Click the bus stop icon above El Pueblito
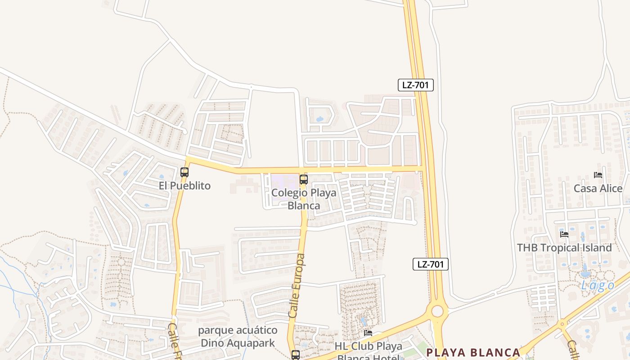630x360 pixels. (184, 172)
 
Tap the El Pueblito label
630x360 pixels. (184, 185)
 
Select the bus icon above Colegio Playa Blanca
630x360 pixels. (304, 180)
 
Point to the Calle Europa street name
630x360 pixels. (297, 286)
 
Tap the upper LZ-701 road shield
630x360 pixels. (415, 85)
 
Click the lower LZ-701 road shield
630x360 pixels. (431, 264)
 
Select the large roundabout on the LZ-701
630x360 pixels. (437, 311)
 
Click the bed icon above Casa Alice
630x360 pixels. (598, 175)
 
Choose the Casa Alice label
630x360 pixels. (598, 189)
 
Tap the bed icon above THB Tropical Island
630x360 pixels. (564, 234)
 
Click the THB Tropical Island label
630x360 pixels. (564, 247)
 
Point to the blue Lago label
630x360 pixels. (598, 285)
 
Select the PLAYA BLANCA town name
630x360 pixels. (473, 352)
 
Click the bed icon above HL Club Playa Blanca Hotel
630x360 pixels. (368, 333)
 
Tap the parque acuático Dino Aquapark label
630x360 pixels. (238, 337)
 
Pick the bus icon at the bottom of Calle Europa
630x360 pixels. (295, 355)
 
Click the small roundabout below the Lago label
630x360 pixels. (562, 324)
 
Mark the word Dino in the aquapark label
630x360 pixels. (211, 343)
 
